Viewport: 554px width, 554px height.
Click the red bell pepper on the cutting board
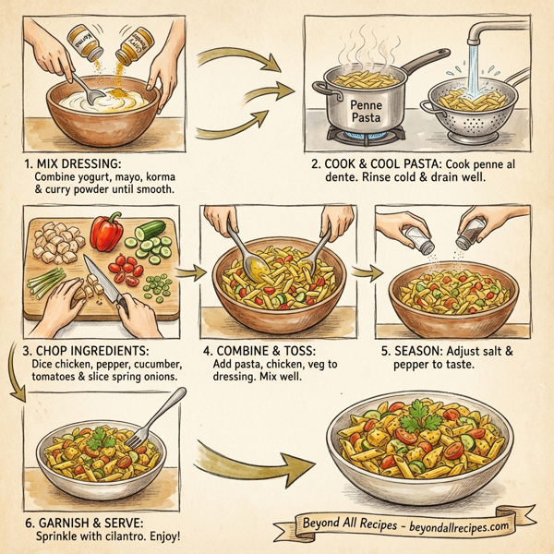107,231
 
